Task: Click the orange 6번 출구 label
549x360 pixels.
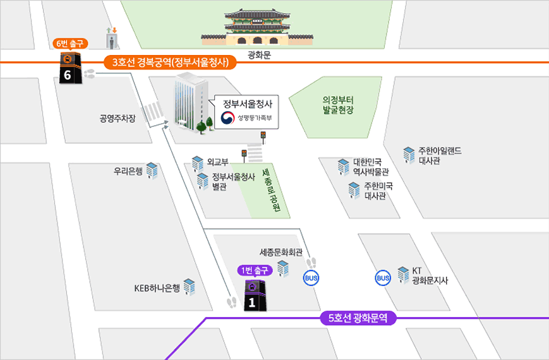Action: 70,44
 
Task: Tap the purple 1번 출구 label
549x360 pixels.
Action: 253,270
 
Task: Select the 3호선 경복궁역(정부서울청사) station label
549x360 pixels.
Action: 169,63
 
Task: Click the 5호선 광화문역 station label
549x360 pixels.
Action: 358,318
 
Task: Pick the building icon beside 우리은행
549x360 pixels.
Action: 152,171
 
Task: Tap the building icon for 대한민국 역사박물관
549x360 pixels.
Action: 343,166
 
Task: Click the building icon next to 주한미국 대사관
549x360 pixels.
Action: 354,190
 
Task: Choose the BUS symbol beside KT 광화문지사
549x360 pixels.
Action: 383,278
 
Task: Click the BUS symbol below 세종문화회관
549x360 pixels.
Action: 311,278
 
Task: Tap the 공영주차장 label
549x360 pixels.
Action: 118,118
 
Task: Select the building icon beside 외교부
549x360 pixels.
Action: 198,163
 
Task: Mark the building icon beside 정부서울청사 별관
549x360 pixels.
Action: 203,181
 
